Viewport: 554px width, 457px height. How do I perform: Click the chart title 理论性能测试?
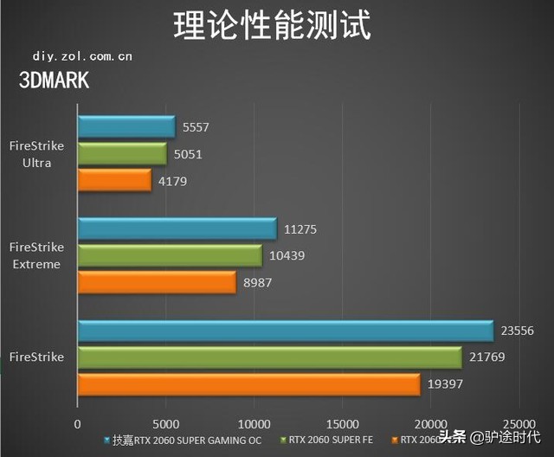(272, 26)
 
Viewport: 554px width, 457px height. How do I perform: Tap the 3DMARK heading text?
(54, 80)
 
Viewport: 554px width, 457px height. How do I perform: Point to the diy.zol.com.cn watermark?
(82, 56)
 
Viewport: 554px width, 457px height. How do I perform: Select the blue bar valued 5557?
(126, 127)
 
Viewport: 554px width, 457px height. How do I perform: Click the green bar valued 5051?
(122, 154)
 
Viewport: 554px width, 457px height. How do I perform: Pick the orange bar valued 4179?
(114, 181)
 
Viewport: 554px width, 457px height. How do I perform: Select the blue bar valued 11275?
(177, 229)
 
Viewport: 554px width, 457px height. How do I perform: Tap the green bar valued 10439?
(170, 256)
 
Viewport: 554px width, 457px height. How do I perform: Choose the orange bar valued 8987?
(157, 283)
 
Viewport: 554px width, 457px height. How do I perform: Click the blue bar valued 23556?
(286, 331)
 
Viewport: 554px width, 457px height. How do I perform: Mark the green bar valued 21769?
(269, 357)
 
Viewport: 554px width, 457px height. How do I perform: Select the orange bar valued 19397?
(248, 384)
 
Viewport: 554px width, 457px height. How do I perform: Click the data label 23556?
(519, 331)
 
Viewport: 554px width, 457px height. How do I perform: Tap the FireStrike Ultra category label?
(36, 154)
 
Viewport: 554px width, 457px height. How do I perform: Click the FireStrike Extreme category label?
(36, 256)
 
